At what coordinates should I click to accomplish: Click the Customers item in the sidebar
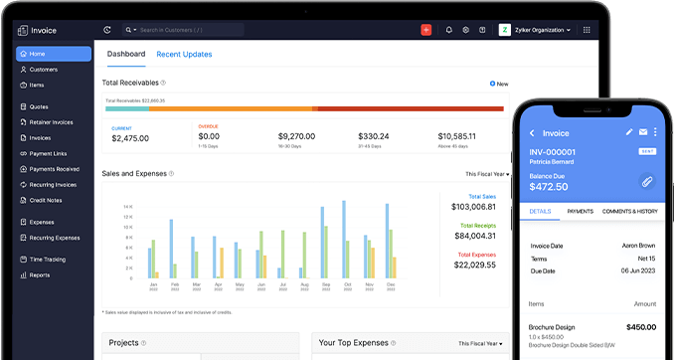pos(44,70)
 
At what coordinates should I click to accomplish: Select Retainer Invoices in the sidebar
pos(53,121)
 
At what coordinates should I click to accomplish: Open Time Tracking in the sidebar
pos(47,259)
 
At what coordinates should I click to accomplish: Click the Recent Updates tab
pos(184,54)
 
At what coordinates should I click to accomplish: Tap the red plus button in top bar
pos(425,30)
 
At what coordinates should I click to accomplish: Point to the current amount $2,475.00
pos(130,138)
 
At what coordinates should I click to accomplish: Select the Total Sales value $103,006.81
pos(473,206)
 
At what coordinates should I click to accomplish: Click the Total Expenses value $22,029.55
pos(475,264)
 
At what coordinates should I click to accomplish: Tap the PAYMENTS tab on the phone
pos(580,211)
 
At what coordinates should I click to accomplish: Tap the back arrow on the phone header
pos(532,132)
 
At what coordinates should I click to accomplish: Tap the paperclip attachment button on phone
pos(645,181)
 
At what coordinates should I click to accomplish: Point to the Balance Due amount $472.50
pos(548,186)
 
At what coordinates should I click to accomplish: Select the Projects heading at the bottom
pos(123,343)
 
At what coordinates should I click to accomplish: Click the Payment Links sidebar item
pos(49,153)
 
